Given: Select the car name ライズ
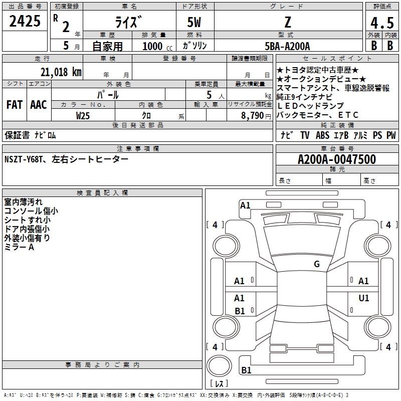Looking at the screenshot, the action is (129, 22).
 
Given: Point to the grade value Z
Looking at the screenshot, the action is (287, 22).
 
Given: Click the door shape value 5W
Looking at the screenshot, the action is (195, 23).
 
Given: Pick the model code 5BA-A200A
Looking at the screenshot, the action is (287, 46).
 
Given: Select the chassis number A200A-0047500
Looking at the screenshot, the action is (336, 159).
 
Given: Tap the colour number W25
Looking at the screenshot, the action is (83, 115).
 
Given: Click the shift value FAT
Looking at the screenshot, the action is (14, 104).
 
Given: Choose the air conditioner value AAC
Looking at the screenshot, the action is (38, 104).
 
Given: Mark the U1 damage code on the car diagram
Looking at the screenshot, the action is (363, 298).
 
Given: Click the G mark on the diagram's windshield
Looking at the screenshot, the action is (316, 264).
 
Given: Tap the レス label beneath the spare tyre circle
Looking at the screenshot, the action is (221, 384).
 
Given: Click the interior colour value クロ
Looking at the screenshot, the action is (147, 115).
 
